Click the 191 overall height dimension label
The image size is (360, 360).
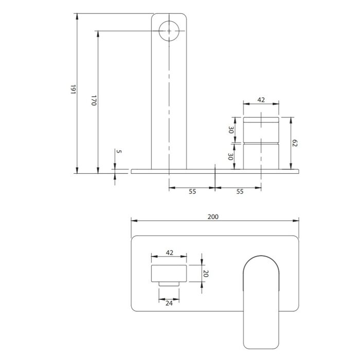click(x=73, y=89)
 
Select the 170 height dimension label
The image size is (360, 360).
click(x=94, y=100)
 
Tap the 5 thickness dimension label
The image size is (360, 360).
click(x=119, y=151)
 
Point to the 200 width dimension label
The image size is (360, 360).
click(x=213, y=217)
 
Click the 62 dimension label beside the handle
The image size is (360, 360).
click(x=295, y=143)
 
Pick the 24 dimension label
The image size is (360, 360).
click(x=169, y=303)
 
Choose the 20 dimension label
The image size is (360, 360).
click(x=206, y=274)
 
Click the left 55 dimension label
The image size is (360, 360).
click(x=192, y=191)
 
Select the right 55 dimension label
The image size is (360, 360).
click(x=240, y=191)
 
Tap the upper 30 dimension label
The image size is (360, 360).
click(x=231, y=130)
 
